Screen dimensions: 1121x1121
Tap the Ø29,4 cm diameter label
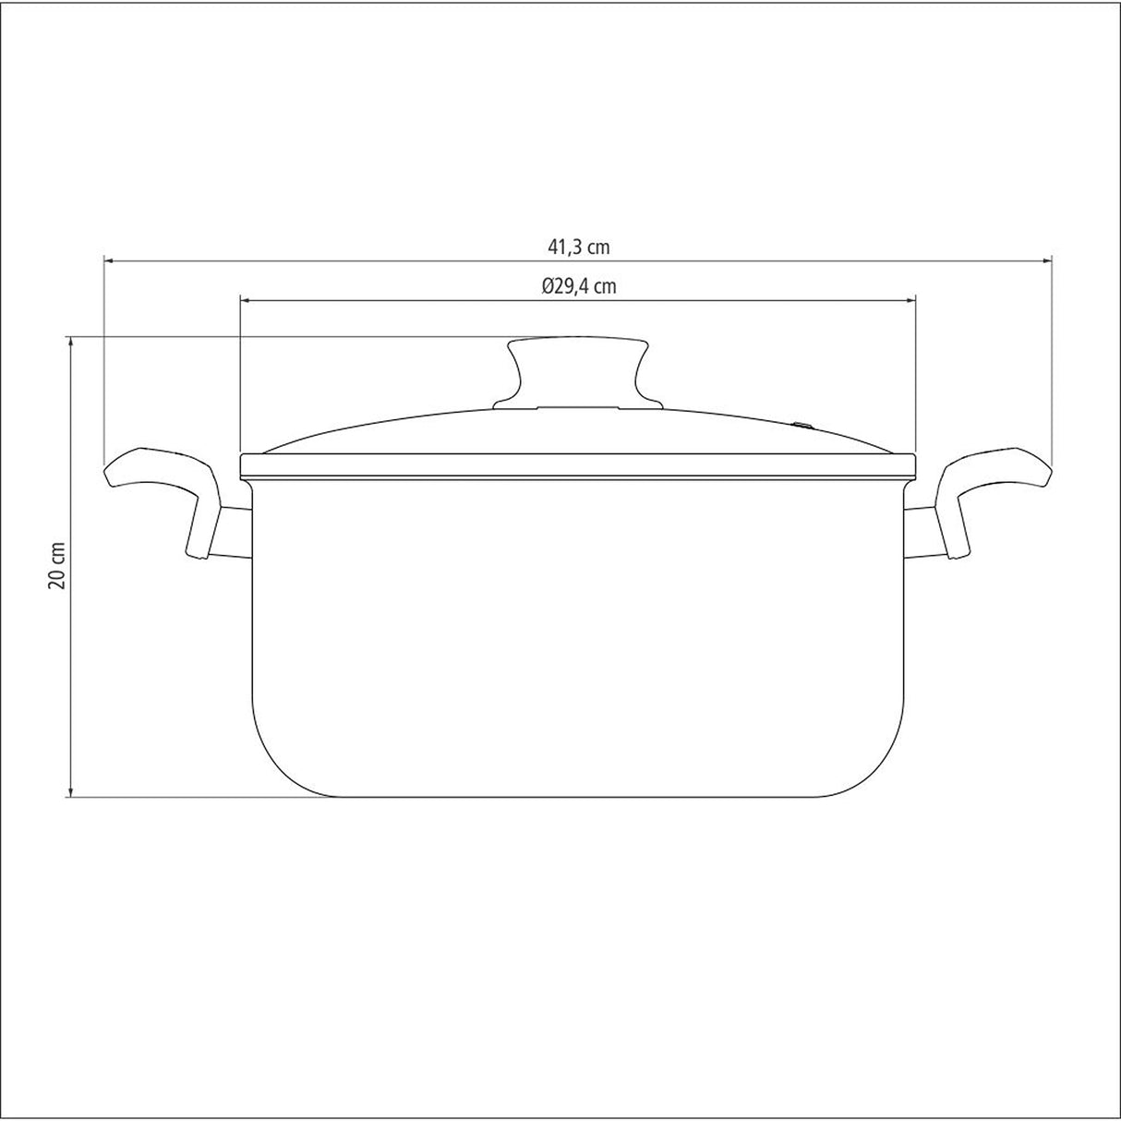tap(579, 286)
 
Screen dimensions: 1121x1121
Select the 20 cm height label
tap(57, 565)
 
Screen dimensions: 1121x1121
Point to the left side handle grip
tap(157, 471)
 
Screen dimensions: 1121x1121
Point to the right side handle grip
tap(997, 471)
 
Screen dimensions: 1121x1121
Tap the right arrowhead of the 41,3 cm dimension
tap(1048, 261)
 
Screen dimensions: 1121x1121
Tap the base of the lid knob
tap(578, 403)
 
